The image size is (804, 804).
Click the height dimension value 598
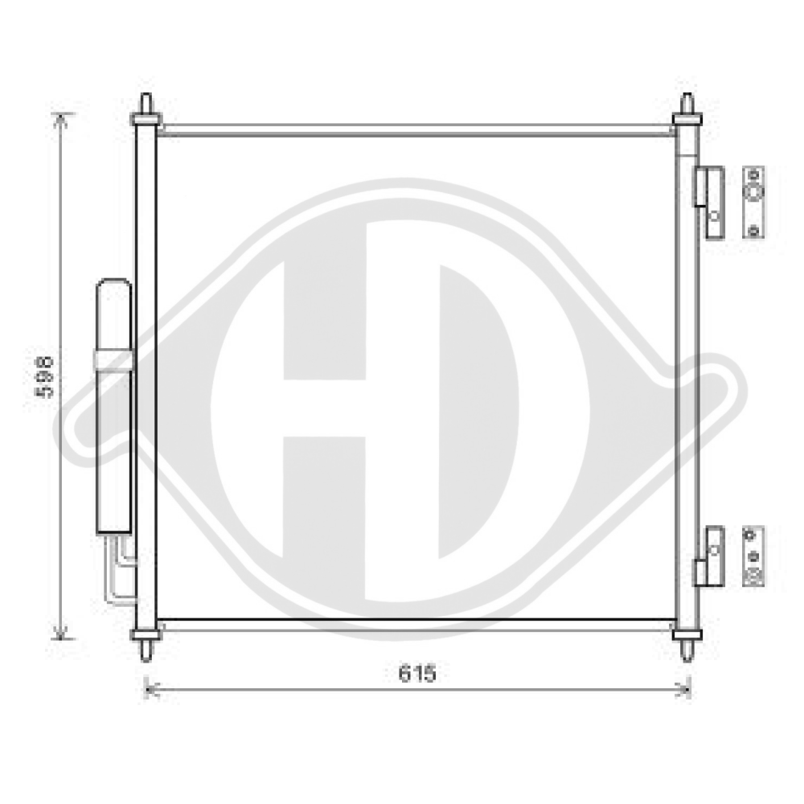click(x=47, y=375)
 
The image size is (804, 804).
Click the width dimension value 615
click(x=416, y=674)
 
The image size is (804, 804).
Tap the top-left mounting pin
click(x=146, y=105)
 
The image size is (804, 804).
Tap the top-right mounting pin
click(x=687, y=105)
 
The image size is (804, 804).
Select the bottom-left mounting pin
click(x=146, y=646)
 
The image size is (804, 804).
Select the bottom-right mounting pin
click(x=687, y=646)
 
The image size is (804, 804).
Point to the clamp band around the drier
click(x=113, y=360)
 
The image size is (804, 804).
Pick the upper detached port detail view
click(x=753, y=203)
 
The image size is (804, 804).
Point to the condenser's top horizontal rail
click(x=416, y=130)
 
